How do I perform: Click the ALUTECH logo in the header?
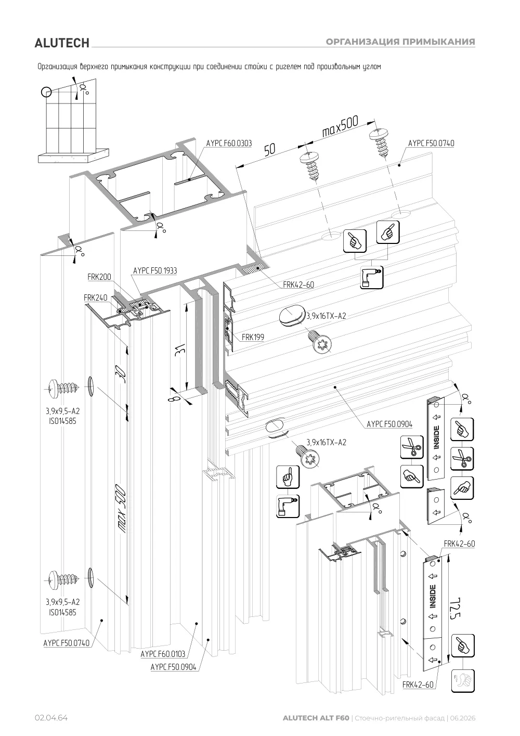(x=62, y=43)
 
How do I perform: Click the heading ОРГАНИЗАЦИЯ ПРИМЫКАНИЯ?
(x=400, y=42)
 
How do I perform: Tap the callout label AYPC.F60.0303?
(x=229, y=143)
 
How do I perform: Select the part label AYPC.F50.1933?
(x=155, y=271)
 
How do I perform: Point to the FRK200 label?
(x=99, y=277)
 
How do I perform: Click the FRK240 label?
(x=96, y=298)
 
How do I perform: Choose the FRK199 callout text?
(x=253, y=337)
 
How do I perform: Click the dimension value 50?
(x=270, y=150)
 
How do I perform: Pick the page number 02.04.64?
(x=51, y=718)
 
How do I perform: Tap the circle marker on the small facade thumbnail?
(x=46, y=92)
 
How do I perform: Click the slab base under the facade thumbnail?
(x=74, y=156)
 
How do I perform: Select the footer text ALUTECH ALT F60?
(x=316, y=718)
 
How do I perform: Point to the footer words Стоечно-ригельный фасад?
(x=399, y=718)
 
